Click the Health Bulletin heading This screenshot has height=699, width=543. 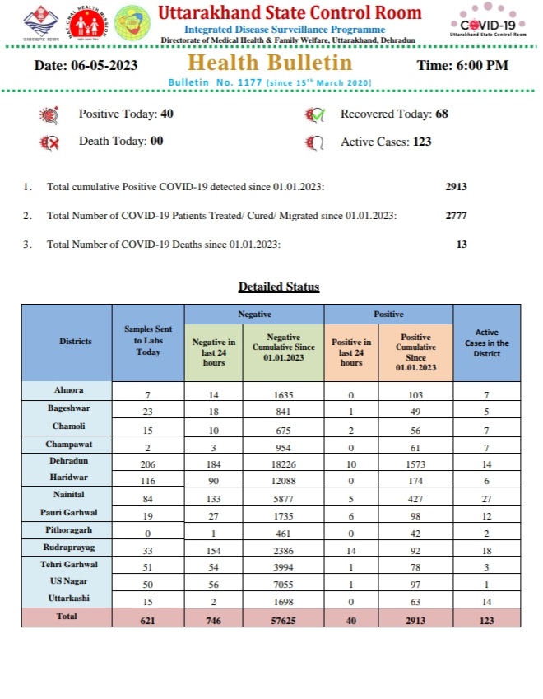click(x=269, y=63)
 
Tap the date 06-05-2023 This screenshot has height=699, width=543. click(x=86, y=65)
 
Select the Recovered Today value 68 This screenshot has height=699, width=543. click(x=442, y=114)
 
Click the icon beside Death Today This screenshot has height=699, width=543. click(x=50, y=142)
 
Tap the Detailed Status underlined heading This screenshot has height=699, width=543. click(x=279, y=287)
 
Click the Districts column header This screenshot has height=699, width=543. click(x=76, y=341)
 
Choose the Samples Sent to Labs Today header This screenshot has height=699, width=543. click(x=148, y=341)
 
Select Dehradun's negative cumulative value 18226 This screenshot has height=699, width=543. click(x=284, y=465)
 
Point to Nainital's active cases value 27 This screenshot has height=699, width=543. click(x=486, y=498)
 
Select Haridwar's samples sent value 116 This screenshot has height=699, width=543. click(x=148, y=482)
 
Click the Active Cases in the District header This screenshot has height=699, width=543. click(x=486, y=343)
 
